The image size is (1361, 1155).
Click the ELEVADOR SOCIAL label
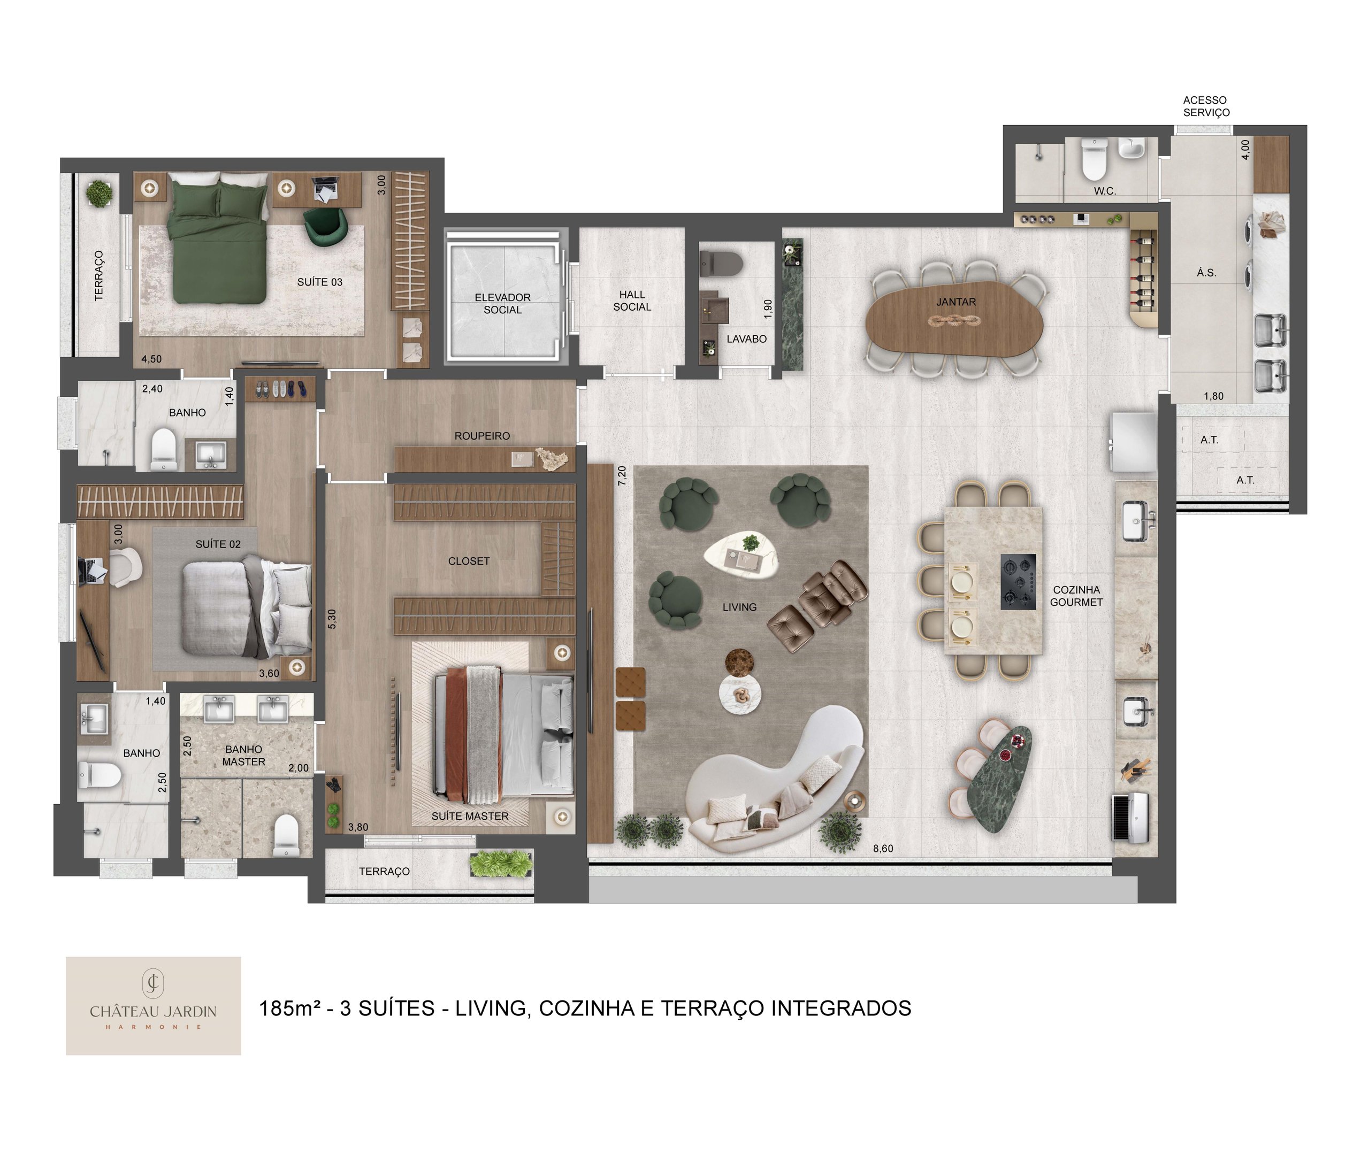coord(502,303)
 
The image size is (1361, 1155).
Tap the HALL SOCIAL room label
coord(632,301)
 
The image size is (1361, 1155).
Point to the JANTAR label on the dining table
coord(955,302)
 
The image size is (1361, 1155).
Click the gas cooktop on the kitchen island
coord(1018,581)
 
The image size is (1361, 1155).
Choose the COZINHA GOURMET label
coord(1076,596)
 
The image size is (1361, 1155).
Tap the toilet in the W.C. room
coord(1094,159)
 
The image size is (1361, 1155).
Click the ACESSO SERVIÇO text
coord(1206,106)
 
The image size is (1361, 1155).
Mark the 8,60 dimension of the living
coord(883,849)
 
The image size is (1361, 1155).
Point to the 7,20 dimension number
coord(622,475)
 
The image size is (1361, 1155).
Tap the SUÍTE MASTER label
coord(470,816)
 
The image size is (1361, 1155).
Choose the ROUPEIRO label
coord(482,435)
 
